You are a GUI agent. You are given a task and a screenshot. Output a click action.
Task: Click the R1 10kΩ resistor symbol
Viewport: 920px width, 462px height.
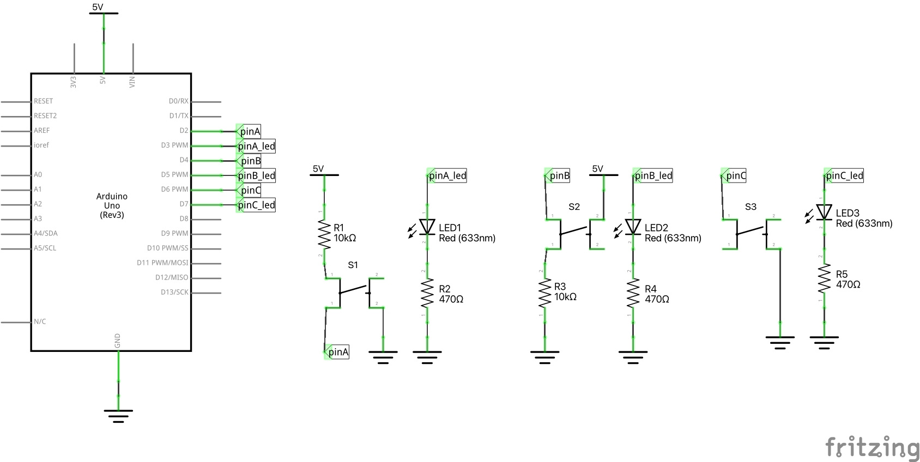coord(324,234)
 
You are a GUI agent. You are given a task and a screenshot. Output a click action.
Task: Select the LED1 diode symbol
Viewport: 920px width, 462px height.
coord(427,227)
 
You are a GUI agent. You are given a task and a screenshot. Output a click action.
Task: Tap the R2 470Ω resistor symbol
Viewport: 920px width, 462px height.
coord(427,294)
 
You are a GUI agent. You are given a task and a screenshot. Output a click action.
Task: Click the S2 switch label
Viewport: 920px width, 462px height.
coord(574,207)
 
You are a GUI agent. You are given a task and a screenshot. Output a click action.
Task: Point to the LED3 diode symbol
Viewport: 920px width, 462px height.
coord(824,212)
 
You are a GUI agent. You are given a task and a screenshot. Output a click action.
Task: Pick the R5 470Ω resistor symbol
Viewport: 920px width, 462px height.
coord(824,279)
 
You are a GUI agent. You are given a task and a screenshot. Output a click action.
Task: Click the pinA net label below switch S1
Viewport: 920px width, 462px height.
coord(337,352)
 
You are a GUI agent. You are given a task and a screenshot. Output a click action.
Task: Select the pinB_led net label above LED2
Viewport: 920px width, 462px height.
coord(653,175)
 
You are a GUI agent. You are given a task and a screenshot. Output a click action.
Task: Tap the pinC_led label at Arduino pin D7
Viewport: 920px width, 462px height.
coord(256,205)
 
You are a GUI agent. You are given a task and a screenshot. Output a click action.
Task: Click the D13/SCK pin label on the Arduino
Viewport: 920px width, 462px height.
coord(174,292)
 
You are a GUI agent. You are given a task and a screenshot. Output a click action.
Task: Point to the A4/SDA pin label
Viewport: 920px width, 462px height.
coord(46,233)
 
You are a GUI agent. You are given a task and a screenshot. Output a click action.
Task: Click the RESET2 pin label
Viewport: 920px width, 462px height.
coord(45,115)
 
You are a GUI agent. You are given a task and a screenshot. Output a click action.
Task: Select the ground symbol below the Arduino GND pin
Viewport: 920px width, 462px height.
coord(118,415)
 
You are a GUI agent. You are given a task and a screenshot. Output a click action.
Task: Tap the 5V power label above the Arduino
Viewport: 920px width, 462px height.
coord(98,7)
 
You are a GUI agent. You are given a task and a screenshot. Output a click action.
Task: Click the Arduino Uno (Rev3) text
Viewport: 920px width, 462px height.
coord(112,205)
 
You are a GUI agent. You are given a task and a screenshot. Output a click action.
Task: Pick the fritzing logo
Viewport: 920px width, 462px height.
coord(871,448)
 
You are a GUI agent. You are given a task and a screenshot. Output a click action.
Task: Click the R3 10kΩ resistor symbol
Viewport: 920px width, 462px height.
coord(544,294)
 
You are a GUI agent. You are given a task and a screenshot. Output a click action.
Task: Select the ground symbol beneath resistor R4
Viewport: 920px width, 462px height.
coord(633,357)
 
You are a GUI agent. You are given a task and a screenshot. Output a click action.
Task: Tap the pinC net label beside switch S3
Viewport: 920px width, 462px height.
coord(735,175)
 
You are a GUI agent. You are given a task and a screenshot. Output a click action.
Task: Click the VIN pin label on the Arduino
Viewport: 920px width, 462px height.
coord(132,82)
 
